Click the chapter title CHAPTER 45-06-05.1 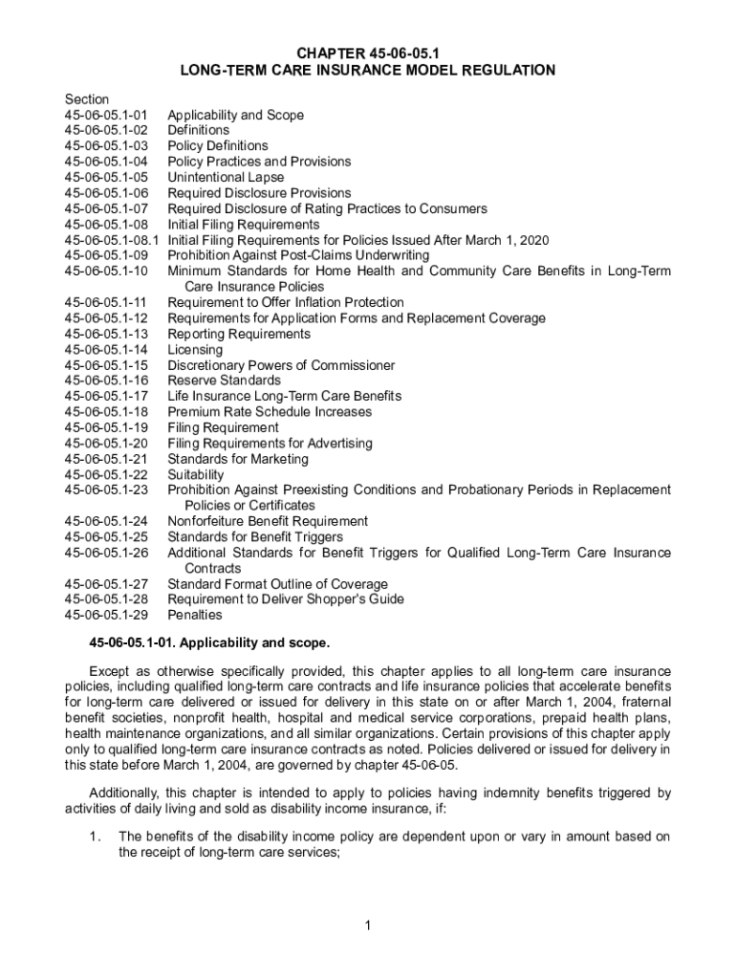(368, 54)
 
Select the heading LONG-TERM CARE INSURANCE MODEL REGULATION (368, 70)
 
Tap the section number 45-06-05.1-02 (106, 130)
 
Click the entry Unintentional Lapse (226, 177)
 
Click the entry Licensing (195, 350)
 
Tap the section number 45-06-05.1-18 (106, 412)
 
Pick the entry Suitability (196, 474)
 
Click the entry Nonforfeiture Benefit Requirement (268, 521)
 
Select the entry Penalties (195, 615)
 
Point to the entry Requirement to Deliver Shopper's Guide (286, 599)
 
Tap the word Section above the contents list (87, 99)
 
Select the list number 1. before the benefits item (95, 838)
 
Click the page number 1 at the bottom (368, 925)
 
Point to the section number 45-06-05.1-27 (106, 584)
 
